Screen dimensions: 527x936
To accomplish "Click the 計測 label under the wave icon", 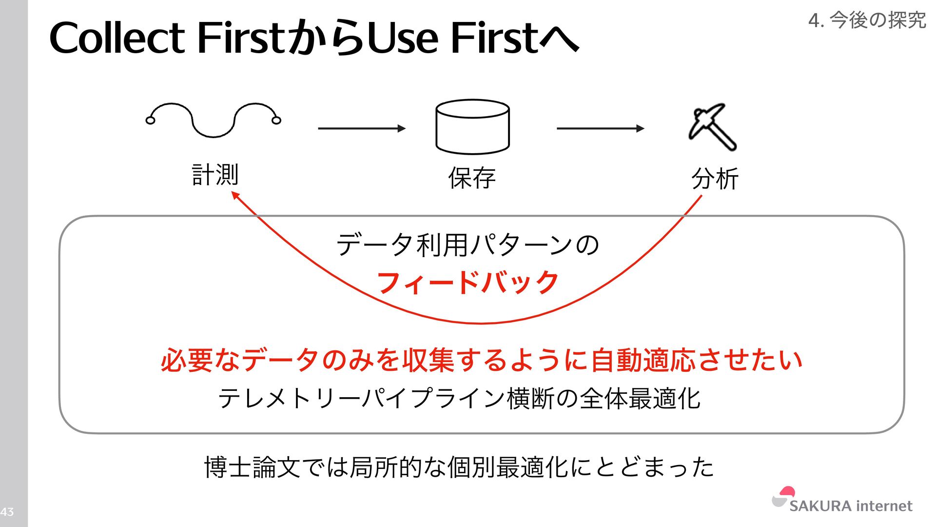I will [215, 174].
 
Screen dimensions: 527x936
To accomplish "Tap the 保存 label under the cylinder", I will [472, 178].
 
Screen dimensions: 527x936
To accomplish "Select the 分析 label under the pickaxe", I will [715, 178].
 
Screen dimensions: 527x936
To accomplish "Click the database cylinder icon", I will [472, 127].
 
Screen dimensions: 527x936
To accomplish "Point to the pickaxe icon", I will [712, 126].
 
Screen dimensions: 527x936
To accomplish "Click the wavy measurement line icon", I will [214, 120].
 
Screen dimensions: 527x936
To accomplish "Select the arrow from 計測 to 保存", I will [361, 128].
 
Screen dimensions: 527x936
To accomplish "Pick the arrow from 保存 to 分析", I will [600, 128].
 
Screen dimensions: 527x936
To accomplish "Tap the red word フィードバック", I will [468, 283].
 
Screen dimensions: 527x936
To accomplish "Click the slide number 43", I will [7, 512].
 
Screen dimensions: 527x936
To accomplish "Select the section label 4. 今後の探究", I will [867, 20].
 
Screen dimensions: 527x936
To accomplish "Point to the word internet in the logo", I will [884, 506].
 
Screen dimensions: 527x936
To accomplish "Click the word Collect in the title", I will [117, 38].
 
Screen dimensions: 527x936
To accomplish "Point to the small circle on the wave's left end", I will [151, 120].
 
